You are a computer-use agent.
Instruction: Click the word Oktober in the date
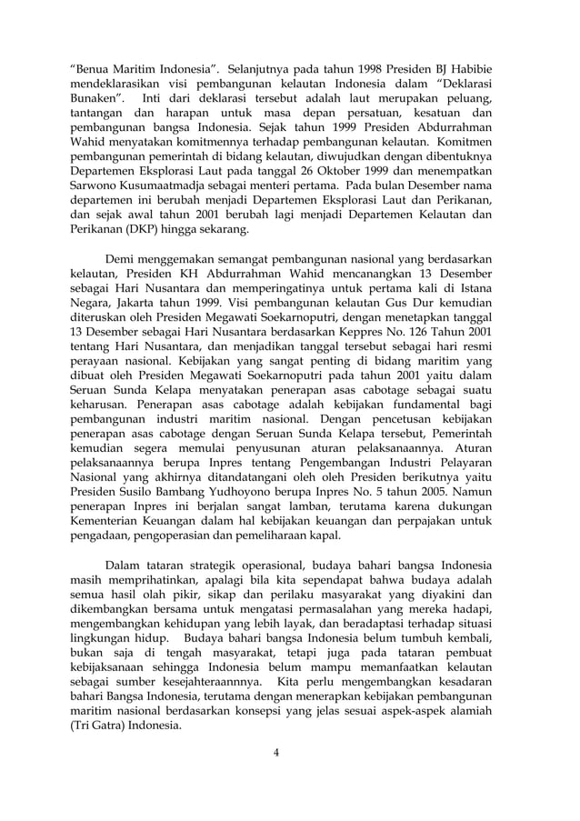(x=330, y=172)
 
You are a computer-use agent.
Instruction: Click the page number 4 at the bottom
(x=290, y=752)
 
